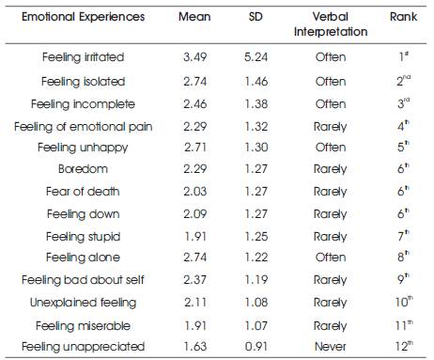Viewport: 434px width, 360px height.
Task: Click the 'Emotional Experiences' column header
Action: pyautogui.click(x=70, y=18)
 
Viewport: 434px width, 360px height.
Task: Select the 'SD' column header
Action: pyautogui.click(x=256, y=18)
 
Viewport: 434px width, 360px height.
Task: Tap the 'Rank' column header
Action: pyautogui.click(x=403, y=18)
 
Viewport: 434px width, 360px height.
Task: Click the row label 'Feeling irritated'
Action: pyautogui.click(x=84, y=57)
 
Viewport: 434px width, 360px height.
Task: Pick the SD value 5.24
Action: pyautogui.click(x=256, y=57)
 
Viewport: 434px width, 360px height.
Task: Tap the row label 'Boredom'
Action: pyautogui.click(x=84, y=169)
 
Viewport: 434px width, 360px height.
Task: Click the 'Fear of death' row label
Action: pyautogui.click(x=84, y=192)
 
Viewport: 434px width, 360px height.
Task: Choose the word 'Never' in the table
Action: pyautogui.click(x=331, y=347)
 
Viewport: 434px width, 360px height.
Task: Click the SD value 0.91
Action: pyautogui.click(x=256, y=347)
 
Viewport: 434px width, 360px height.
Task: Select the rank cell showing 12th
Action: pyautogui.click(x=403, y=347)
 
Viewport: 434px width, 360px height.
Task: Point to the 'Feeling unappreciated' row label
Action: pyautogui.click(x=84, y=347)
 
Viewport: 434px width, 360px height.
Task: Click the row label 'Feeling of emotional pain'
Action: pyautogui.click(x=84, y=125)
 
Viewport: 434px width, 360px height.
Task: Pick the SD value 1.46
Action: pyautogui.click(x=256, y=81)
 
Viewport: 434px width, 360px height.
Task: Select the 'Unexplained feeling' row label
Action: pyautogui.click(x=84, y=302)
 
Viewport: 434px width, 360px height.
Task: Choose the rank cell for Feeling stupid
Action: pyautogui.click(x=403, y=236)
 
